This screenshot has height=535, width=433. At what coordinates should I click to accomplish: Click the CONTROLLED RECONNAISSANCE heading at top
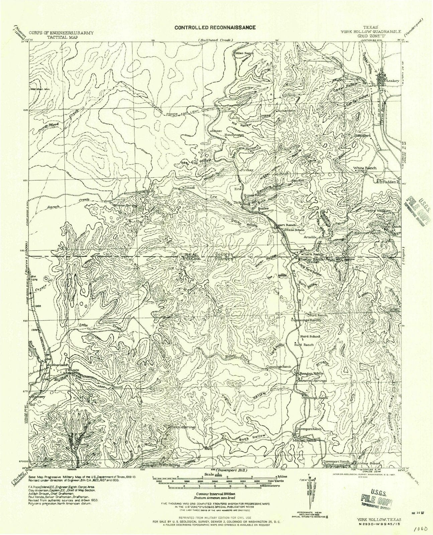(x=215, y=27)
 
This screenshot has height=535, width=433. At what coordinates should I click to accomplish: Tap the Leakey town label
(x=391, y=81)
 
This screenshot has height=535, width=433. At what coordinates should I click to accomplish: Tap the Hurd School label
(x=310, y=336)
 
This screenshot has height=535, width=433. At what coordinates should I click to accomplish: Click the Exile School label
(x=295, y=230)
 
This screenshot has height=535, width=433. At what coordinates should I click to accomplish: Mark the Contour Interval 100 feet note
(x=214, y=494)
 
